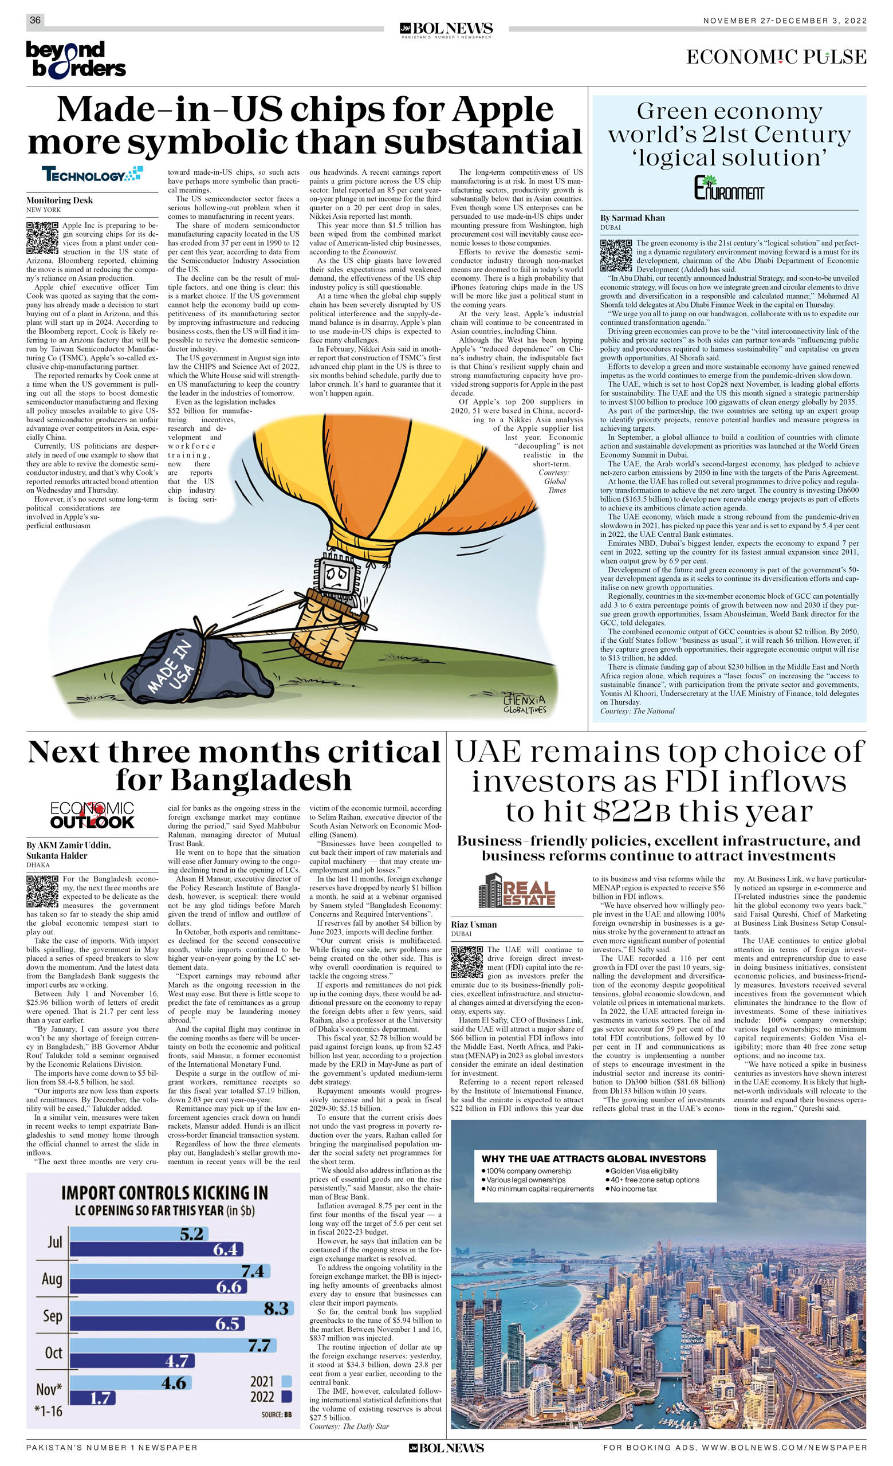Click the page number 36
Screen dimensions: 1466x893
(x=35, y=20)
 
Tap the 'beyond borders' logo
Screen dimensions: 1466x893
(x=76, y=60)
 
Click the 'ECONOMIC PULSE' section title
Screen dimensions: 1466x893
(x=776, y=57)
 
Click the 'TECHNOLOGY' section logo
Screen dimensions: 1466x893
(x=92, y=174)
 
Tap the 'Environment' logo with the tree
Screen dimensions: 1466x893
(x=729, y=188)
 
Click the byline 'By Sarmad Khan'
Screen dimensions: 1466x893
(x=632, y=218)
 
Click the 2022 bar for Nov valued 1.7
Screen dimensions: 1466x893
(x=93, y=1398)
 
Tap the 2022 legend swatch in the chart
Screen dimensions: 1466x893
(x=286, y=1396)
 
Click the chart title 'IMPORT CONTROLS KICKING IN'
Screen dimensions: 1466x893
(x=165, y=1193)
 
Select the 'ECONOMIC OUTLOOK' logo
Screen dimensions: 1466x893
(x=92, y=815)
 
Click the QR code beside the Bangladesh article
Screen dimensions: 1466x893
(x=42, y=891)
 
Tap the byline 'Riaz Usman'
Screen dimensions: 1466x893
(x=474, y=925)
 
